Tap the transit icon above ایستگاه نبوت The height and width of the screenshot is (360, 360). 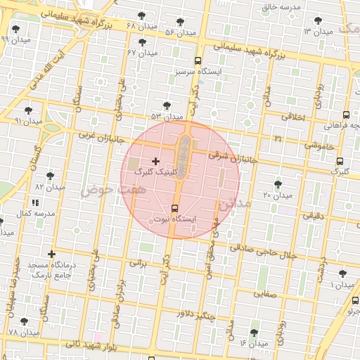tap(174, 208)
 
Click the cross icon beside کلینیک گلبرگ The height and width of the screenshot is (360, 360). tap(155, 162)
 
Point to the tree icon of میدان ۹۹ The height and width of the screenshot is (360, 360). tap(15, 29)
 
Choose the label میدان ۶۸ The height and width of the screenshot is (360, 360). tap(140, 26)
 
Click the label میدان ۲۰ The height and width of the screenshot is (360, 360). tap(276, 195)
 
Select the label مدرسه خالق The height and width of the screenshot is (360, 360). tap(281, 7)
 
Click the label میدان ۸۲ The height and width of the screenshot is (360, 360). tap(49, 188)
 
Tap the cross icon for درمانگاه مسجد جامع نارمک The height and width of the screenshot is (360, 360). tap(51, 254)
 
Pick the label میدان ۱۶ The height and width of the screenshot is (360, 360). tap(253, 343)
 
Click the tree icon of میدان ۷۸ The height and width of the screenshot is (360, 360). tap(25, 321)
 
